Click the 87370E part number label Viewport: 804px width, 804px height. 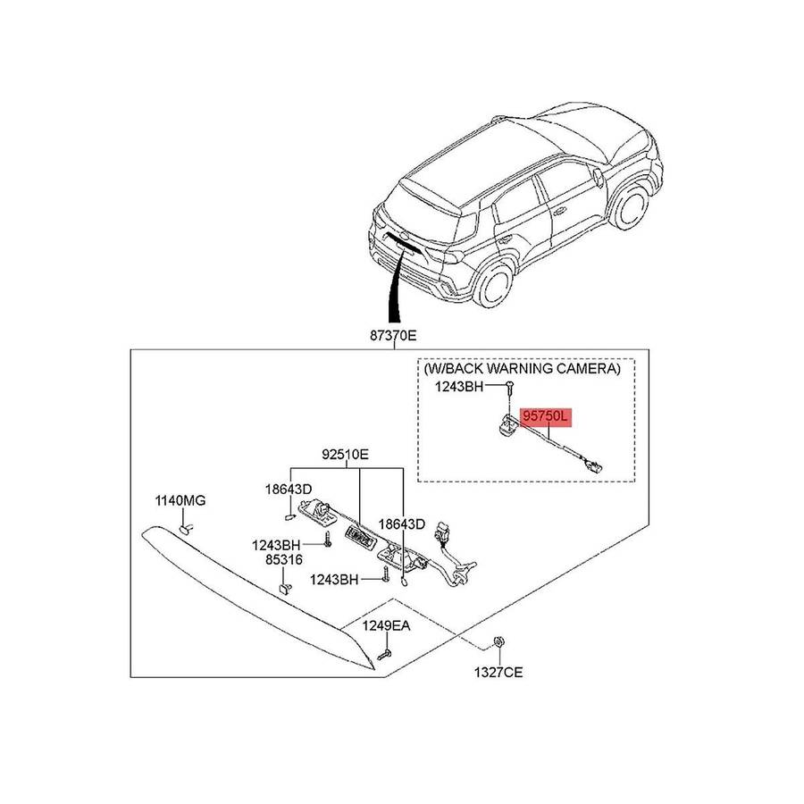coord(393,337)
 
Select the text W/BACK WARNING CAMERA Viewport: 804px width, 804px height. coord(522,368)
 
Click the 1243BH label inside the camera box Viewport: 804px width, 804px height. coord(458,387)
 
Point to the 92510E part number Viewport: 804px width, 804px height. coord(345,454)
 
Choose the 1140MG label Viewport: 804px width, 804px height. coord(181,501)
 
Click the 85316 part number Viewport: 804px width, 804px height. coord(283,559)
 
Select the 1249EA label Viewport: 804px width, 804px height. coord(386,626)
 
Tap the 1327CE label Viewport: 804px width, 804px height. coord(498,672)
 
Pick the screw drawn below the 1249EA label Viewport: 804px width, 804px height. coord(385,655)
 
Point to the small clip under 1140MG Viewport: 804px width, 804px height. coord(187,528)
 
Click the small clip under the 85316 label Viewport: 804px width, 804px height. coord(284,588)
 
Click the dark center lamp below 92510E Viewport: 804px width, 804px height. coord(360,533)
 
